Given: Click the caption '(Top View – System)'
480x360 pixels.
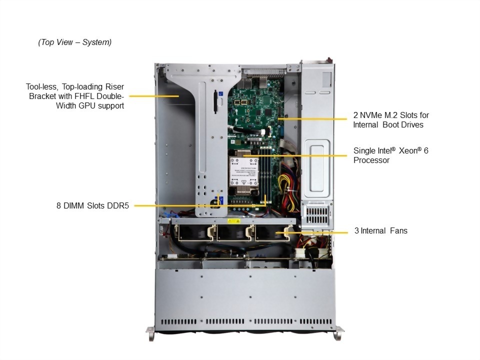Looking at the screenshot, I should tap(75, 42).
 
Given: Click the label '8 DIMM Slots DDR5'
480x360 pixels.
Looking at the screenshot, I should tap(92, 205).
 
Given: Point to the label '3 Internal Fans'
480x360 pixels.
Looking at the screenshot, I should tap(380, 231).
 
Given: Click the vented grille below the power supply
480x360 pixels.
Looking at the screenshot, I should tap(316, 215).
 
